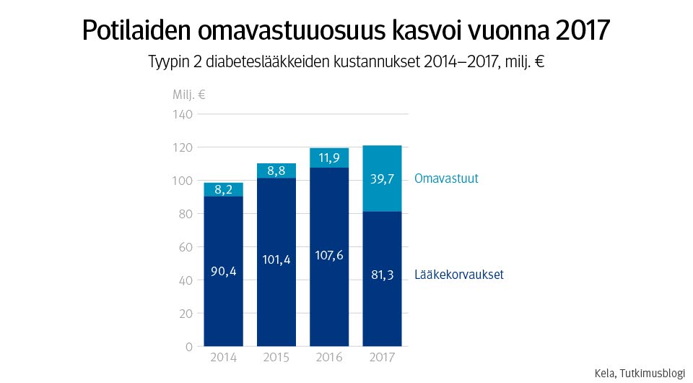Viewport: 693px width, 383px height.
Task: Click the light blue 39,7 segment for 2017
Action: click(x=382, y=178)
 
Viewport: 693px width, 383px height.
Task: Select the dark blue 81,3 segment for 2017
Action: click(x=382, y=278)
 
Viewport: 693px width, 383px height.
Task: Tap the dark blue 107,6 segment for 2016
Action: click(x=329, y=257)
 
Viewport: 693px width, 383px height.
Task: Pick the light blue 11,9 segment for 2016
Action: click(x=329, y=158)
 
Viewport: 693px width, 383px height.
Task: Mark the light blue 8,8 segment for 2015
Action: click(x=276, y=171)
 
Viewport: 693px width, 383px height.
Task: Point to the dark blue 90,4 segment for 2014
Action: click(x=223, y=271)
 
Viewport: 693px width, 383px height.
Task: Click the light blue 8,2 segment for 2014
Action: click(x=223, y=189)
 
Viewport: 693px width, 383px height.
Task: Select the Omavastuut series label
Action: click(x=446, y=178)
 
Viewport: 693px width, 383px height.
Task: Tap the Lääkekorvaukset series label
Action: click(x=459, y=275)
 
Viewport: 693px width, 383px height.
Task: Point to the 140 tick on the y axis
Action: click(x=183, y=114)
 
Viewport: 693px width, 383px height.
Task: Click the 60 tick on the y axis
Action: click(x=186, y=247)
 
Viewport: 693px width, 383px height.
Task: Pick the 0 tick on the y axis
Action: click(x=189, y=347)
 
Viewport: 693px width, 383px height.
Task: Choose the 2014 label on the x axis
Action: click(x=223, y=358)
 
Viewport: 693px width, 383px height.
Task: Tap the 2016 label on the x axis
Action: click(x=329, y=358)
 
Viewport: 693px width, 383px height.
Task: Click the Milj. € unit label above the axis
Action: click(x=189, y=95)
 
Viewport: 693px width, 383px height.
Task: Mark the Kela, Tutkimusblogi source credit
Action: click(x=639, y=373)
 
